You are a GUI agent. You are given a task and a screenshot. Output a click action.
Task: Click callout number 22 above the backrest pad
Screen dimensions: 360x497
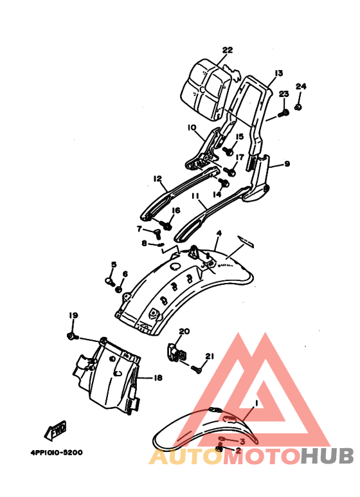(227, 50)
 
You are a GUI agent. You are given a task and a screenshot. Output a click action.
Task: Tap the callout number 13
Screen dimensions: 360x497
(278, 73)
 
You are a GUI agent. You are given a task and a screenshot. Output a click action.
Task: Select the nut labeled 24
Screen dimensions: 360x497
(298, 107)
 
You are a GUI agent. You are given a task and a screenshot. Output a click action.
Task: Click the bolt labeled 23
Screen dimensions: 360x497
(284, 113)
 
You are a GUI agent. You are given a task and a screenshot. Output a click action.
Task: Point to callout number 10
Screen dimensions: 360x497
(192, 127)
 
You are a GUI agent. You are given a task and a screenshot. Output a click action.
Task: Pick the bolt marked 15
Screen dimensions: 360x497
(228, 151)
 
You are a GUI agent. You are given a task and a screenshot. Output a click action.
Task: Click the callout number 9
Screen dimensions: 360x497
(287, 163)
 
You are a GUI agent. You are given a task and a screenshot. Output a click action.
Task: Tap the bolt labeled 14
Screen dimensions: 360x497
(224, 183)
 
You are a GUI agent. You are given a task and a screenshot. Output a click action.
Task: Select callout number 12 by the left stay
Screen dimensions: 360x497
(157, 179)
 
